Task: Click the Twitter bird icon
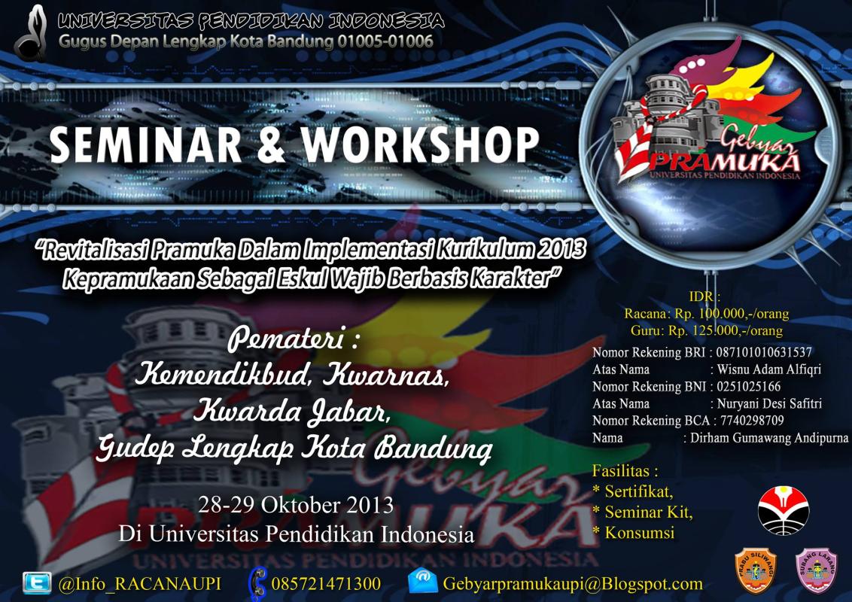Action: coord(37,582)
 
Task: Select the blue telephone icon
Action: coord(258,582)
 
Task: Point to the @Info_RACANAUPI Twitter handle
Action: coord(139,584)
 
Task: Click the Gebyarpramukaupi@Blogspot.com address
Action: coord(572,584)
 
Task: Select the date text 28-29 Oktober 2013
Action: coord(296,504)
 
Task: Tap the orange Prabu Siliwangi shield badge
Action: coord(756,571)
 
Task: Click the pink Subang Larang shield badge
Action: coord(817,571)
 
